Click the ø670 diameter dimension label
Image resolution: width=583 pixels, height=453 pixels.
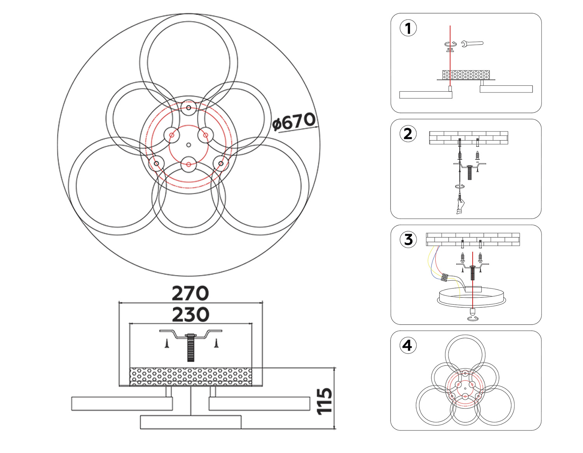point(294,122)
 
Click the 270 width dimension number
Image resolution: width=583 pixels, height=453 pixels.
point(190,293)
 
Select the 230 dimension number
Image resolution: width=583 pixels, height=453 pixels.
point(190,315)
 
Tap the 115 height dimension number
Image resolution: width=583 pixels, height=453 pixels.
point(325,401)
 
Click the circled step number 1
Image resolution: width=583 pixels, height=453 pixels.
point(408,28)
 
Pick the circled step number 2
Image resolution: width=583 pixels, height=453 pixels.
point(408,134)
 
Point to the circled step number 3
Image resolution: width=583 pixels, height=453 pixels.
point(408,240)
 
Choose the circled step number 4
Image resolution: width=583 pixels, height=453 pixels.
point(407,345)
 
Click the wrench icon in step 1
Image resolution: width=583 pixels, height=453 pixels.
point(472,43)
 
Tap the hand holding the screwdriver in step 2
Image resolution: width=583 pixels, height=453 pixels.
point(460,206)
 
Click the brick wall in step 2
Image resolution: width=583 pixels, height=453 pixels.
point(468,138)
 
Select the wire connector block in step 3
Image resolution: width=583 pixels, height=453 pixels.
point(445,277)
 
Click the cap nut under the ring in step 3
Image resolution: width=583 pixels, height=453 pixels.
point(472,311)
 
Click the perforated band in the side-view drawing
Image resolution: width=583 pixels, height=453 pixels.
point(190,377)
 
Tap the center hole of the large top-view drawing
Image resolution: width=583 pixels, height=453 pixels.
point(189,145)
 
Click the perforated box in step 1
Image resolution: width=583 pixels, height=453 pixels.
point(466,75)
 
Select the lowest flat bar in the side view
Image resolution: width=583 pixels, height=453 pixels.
point(190,422)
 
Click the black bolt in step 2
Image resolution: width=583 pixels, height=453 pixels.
point(469,172)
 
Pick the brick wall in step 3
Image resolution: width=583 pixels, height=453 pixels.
point(473,239)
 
